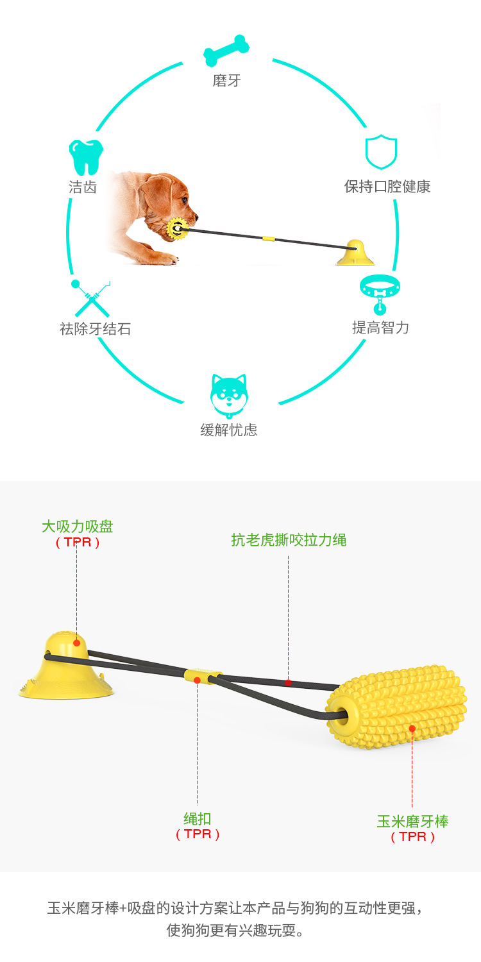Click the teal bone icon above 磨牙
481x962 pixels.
click(226, 51)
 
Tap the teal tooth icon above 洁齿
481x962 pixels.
click(86, 157)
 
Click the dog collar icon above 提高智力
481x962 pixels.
click(380, 292)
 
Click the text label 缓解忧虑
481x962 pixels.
click(229, 430)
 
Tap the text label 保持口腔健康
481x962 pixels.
click(387, 187)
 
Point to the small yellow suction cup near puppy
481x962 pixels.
click(355, 253)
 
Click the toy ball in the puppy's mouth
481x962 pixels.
click(176, 228)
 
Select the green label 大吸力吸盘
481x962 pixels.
click(78, 527)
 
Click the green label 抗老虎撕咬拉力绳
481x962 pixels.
click(289, 540)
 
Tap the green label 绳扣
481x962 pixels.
click(198, 818)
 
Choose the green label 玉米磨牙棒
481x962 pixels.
click(412, 821)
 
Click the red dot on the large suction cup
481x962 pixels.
click(77, 643)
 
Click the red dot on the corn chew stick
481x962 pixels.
click(412, 728)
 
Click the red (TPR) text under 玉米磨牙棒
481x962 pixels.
click(413, 836)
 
